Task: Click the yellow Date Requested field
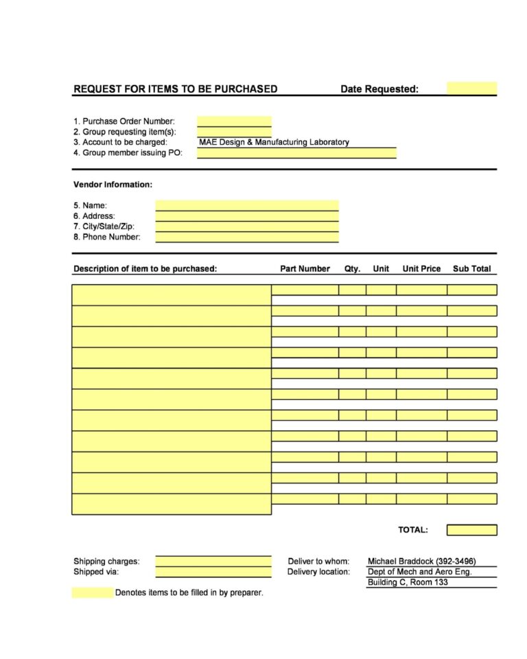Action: coord(471,89)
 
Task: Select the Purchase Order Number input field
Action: coord(234,122)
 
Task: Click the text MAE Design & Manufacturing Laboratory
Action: coord(274,142)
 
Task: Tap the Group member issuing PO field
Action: coord(296,153)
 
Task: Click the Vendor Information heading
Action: coord(113,185)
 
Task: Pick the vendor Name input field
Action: coord(247,205)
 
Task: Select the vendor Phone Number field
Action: coord(247,238)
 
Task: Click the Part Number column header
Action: coord(305,269)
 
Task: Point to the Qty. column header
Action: coord(352,269)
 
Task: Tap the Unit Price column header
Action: coord(421,269)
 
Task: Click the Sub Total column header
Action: coord(471,269)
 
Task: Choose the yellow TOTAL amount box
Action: coord(471,530)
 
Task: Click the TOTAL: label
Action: coord(413,530)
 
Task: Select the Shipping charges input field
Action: coord(213,562)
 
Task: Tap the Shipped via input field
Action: coord(213,572)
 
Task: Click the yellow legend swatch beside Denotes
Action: coord(93,592)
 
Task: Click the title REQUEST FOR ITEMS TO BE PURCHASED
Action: coord(175,89)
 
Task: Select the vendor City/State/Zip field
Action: coord(247,227)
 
